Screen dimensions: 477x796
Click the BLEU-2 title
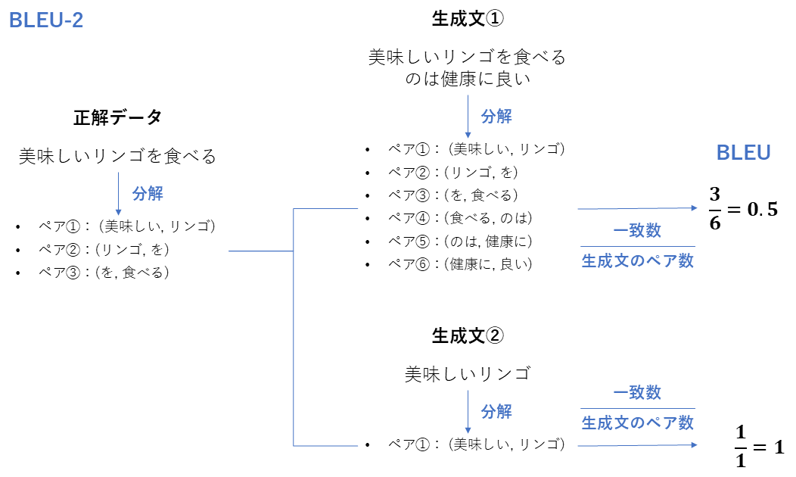45,20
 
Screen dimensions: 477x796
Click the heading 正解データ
117,117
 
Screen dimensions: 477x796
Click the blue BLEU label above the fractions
743,153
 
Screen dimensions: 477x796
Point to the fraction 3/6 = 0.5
743,210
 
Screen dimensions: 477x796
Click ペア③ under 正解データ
104,272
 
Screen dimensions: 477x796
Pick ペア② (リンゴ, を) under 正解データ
104,249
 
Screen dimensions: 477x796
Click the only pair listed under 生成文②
476,444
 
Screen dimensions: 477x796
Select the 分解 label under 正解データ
148,193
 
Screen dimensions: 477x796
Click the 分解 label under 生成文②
496,412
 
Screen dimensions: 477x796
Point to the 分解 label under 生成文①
496,117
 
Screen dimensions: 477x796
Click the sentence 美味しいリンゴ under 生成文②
467,374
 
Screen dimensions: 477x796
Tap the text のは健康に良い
467,79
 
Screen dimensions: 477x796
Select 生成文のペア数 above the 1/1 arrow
637,422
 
